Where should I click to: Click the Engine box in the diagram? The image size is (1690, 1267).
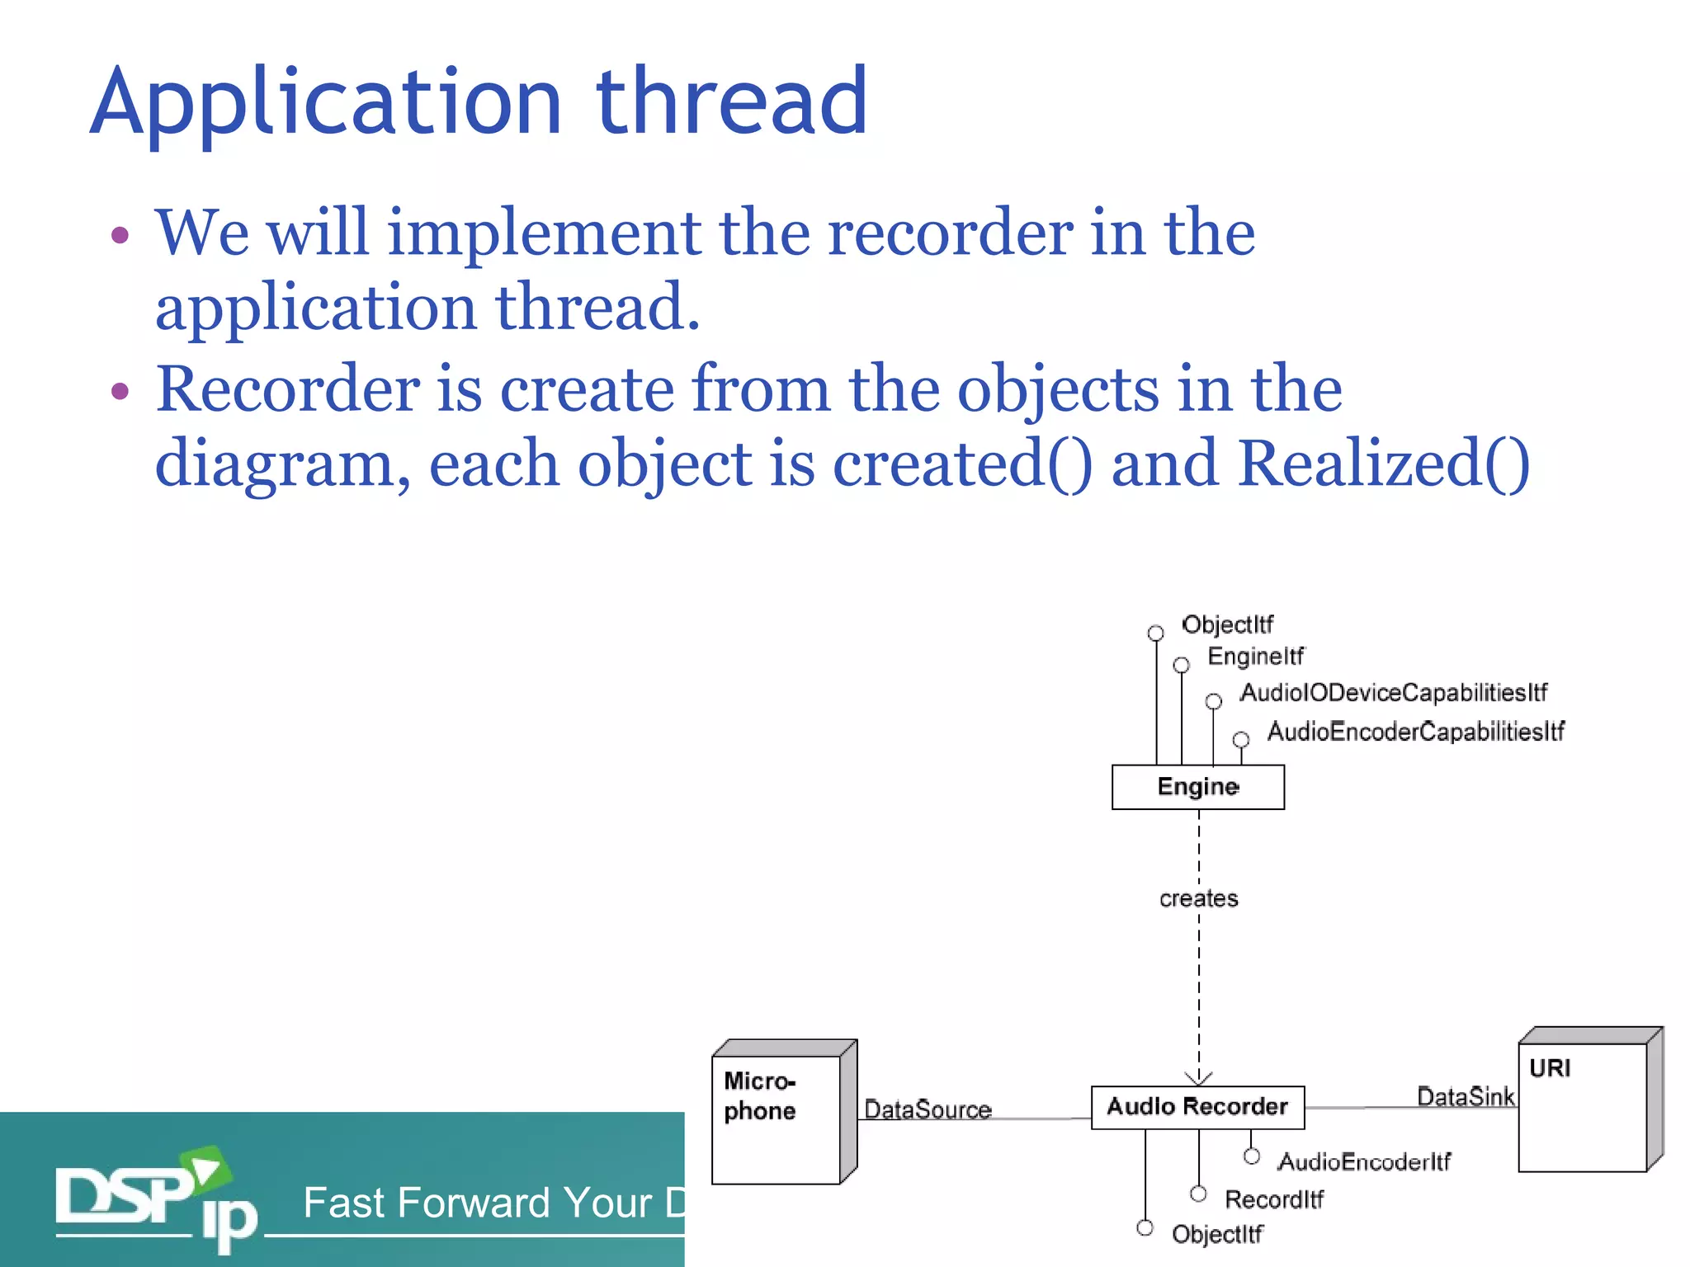click(x=1197, y=787)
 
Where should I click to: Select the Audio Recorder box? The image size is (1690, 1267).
click(x=1197, y=1107)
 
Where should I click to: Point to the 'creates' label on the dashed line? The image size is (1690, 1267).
click(x=1198, y=898)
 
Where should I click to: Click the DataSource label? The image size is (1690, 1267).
click(x=928, y=1109)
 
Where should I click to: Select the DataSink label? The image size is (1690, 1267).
click(x=1466, y=1096)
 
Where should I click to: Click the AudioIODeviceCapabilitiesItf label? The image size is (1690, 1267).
click(x=1394, y=693)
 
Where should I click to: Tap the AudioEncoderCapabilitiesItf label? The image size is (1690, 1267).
click(x=1415, y=732)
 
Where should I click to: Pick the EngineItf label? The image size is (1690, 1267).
click(x=1256, y=657)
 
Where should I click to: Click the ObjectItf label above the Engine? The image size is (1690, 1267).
click(x=1227, y=624)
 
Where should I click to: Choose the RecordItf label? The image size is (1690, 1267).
click(x=1274, y=1199)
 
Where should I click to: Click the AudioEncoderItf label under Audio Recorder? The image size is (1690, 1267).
click(x=1364, y=1162)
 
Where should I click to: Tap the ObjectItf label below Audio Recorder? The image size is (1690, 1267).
click(x=1217, y=1234)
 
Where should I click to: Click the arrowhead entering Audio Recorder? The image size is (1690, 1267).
click(x=1198, y=1078)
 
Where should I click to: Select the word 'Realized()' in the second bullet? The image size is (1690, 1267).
click(x=1384, y=464)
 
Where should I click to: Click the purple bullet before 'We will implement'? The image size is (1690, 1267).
click(x=120, y=235)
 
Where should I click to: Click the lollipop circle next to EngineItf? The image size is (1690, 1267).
click(x=1182, y=665)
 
